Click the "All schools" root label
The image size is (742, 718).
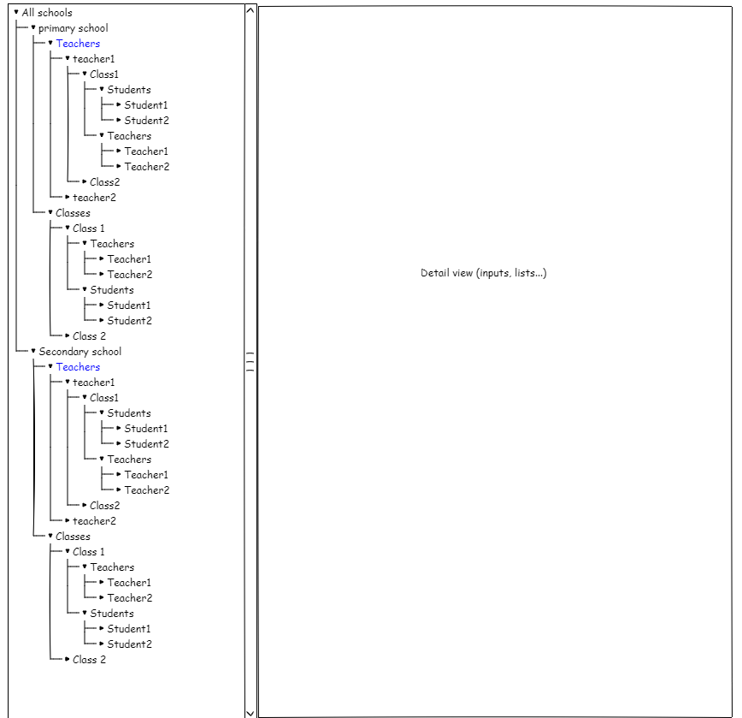(47, 13)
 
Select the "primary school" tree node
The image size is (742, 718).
(73, 28)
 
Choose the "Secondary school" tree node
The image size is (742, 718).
(79, 352)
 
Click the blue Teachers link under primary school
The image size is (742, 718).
(78, 44)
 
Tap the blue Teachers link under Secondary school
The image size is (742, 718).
(78, 367)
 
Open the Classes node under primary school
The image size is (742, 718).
(73, 213)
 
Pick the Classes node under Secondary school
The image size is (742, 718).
(73, 537)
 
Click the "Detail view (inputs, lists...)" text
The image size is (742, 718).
(483, 273)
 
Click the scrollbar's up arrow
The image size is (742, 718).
(250, 11)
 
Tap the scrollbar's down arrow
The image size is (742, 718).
(250, 711)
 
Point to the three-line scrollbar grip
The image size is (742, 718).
(250, 362)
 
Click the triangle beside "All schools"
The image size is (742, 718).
(16, 12)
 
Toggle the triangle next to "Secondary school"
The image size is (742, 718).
(33, 351)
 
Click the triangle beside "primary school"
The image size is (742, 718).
(33, 27)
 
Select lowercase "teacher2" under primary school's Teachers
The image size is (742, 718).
(94, 198)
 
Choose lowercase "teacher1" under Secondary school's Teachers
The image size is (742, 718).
(94, 383)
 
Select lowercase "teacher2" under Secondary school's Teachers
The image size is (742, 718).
(94, 521)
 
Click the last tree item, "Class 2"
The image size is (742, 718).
(89, 660)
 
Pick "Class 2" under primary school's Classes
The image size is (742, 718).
(89, 336)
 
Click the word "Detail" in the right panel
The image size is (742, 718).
(434, 273)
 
